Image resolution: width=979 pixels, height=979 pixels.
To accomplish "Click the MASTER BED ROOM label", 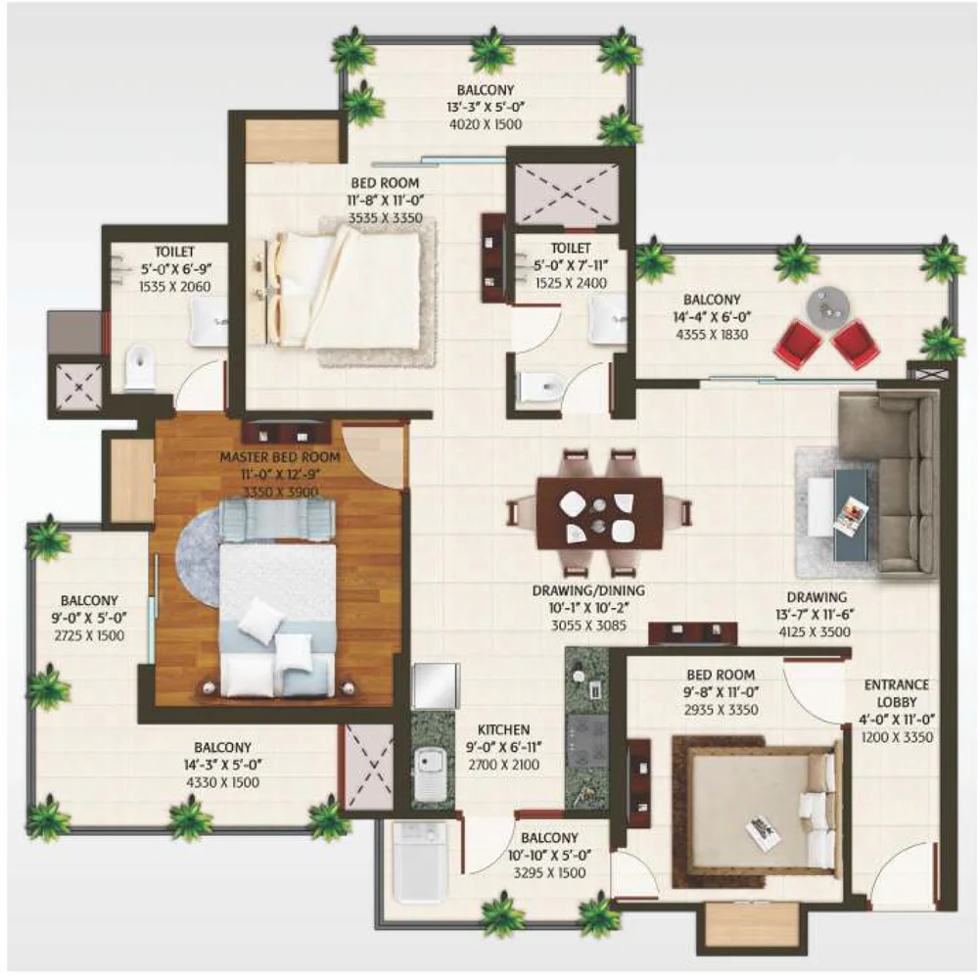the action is pos(280,457).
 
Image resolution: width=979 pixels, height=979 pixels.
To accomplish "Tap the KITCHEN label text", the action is pos(503,729).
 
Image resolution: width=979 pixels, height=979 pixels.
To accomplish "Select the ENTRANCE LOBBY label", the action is pos(897,693).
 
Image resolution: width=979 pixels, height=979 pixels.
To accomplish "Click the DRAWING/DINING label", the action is pos(588,590).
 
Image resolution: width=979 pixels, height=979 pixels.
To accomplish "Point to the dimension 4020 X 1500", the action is pos(486,124).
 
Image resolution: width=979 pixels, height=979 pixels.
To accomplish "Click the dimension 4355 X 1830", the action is pos(712,334).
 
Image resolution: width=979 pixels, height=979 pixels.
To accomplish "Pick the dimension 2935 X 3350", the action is pos(722,710).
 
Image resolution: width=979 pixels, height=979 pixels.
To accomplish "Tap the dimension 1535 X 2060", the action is pos(175,287).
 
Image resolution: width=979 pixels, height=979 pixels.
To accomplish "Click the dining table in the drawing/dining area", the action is pos(599,513).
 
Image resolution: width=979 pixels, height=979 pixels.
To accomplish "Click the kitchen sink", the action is pos(428,773).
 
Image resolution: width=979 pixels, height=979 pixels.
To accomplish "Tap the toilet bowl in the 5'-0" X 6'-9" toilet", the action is pos(140,368).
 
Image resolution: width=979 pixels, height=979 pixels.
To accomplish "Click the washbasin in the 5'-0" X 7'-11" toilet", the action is pos(607,320).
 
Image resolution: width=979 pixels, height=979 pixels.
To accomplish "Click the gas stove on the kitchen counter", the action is pos(586,741).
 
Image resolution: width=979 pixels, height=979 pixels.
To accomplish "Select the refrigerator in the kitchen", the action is pos(436,686).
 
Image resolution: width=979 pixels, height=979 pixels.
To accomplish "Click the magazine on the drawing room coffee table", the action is pos(851,515).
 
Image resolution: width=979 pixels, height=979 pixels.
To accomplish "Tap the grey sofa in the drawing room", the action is pos(888,482).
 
